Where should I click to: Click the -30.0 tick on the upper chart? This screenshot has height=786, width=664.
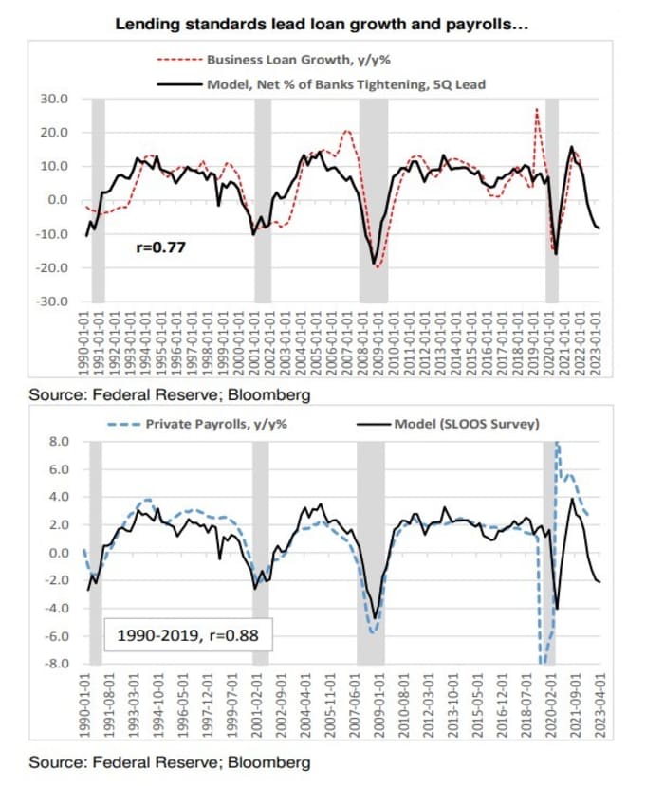point(54,302)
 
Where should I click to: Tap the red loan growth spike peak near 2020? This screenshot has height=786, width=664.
point(537,109)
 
